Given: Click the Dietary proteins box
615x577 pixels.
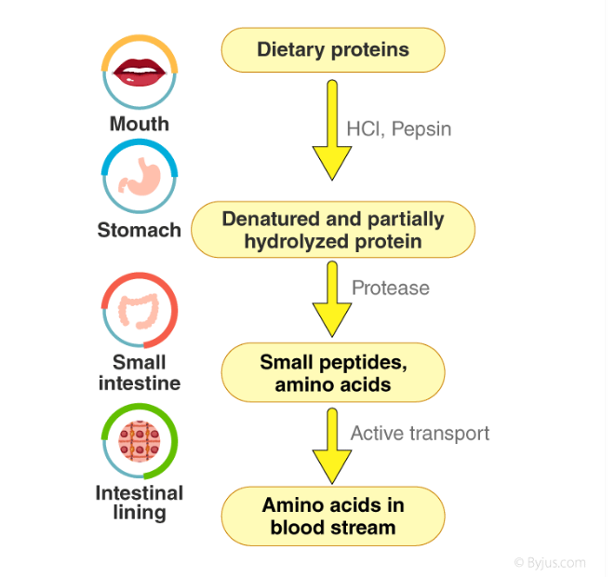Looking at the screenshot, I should click(332, 49).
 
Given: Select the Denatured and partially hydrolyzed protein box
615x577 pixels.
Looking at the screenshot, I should click(332, 230).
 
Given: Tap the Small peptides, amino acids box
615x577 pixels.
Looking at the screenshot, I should click(332, 372).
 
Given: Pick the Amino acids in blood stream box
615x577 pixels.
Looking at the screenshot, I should click(332, 516).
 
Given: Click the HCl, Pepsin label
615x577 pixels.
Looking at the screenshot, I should click(398, 128).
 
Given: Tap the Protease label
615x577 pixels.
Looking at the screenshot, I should click(390, 288).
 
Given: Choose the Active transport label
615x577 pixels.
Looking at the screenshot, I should click(419, 433).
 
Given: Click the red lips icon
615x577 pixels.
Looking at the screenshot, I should click(139, 71).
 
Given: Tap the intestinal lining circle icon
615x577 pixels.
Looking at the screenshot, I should click(139, 441).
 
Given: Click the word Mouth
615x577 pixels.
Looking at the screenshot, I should click(140, 124).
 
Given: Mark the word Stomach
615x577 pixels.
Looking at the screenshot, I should click(139, 229).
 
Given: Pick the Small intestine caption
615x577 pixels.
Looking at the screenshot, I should click(140, 372).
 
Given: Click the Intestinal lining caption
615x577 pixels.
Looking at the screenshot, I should click(140, 502).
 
